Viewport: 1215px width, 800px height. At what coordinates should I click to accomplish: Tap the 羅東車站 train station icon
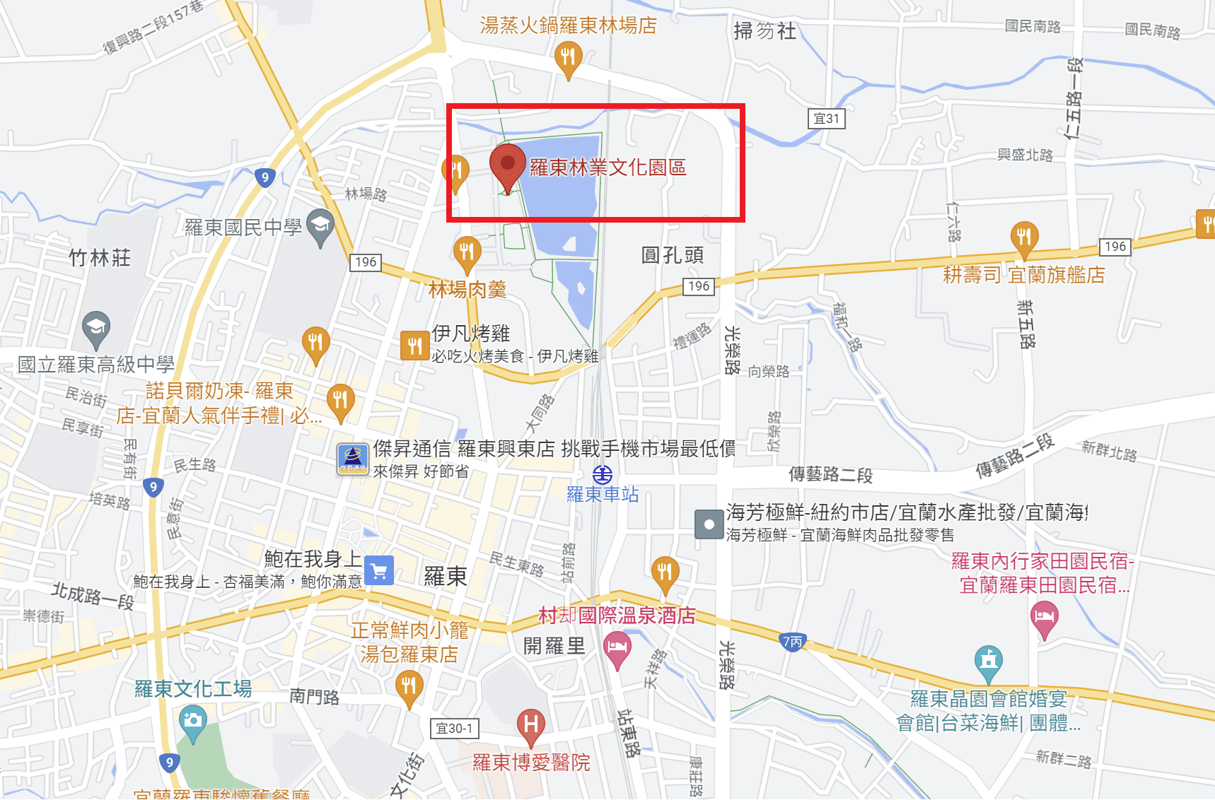click(603, 474)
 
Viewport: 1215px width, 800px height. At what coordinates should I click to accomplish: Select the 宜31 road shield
click(826, 119)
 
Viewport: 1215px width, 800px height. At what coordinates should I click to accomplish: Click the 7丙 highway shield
click(793, 642)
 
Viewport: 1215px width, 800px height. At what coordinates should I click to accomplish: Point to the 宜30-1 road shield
click(454, 728)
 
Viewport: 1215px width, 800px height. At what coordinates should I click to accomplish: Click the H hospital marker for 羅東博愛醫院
click(530, 724)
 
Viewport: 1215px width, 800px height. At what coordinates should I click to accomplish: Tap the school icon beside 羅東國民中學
click(320, 226)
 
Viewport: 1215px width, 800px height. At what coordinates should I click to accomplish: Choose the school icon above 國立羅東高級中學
click(95, 327)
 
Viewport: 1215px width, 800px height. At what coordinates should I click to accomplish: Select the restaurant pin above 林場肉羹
click(467, 252)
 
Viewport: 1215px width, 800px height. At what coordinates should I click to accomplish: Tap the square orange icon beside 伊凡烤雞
click(414, 346)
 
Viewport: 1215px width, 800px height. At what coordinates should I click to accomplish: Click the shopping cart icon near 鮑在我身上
click(379, 571)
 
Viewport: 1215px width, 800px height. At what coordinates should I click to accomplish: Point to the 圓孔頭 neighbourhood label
click(672, 255)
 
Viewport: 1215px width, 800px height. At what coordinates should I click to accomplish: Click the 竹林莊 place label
click(100, 258)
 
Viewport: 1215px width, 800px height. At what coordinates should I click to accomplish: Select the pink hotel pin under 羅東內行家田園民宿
click(1045, 617)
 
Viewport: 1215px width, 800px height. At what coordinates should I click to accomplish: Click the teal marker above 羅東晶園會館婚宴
click(989, 661)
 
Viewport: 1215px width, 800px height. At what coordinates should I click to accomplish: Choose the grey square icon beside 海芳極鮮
click(709, 524)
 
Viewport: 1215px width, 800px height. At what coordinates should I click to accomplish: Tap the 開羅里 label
click(554, 646)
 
